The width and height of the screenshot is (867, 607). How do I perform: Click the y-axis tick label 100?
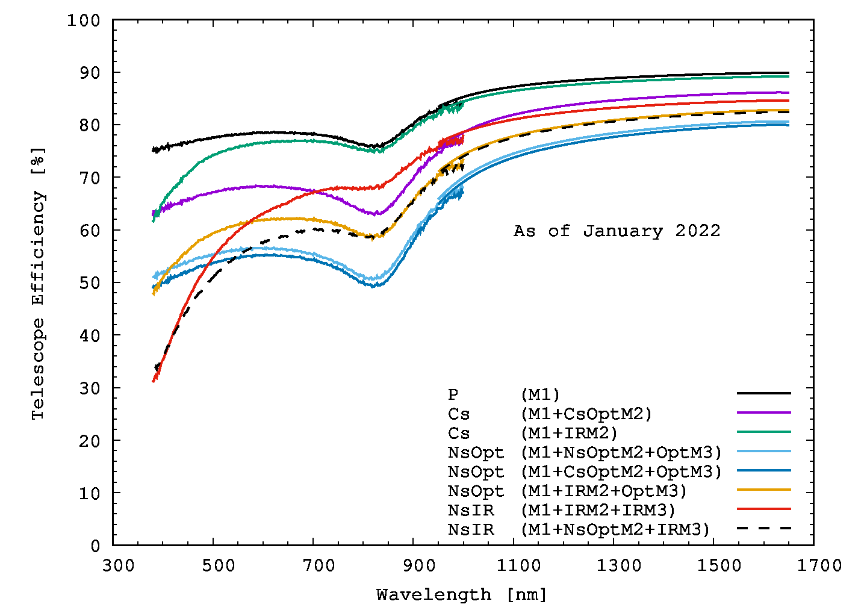tap(83, 20)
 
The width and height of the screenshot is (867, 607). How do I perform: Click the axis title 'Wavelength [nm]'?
tap(462, 595)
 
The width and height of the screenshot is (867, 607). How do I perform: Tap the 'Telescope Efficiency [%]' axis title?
tap(38, 283)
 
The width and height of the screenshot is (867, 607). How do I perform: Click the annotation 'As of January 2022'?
tap(617, 231)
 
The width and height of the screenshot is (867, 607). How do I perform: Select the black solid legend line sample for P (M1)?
tap(763, 393)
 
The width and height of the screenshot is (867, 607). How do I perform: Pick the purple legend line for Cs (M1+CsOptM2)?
tap(763, 412)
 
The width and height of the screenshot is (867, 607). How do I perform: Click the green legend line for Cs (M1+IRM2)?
tap(763, 432)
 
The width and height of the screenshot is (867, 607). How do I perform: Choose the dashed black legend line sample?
tap(763, 528)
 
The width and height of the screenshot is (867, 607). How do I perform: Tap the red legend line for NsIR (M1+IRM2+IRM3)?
tap(763, 509)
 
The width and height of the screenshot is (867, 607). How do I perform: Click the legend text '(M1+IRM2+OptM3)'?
tap(603, 491)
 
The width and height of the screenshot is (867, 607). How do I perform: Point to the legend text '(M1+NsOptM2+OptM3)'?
tap(621, 453)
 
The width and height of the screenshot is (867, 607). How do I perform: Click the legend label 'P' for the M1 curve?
tap(453, 395)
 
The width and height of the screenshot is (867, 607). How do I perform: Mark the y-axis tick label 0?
tap(95, 546)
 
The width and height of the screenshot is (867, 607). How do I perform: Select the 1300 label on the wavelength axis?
tap(620, 565)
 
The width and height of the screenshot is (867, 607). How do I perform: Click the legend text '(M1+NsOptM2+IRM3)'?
tap(615, 530)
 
